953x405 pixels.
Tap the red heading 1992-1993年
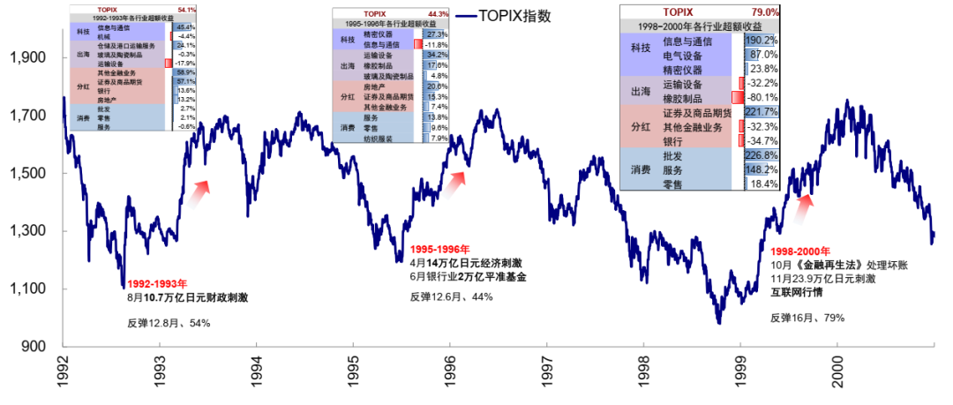(157, 284)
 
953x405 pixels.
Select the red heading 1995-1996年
(440, 249)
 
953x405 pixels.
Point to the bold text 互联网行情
(798, 291)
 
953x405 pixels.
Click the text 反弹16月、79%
(807, 317)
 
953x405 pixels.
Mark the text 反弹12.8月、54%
(169, 323)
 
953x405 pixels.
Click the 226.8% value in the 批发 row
(762, 156)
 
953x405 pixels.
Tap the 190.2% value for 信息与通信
(762, 41)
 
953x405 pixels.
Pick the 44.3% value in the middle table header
(438, 14)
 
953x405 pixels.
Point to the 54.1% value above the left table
(186, 9)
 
